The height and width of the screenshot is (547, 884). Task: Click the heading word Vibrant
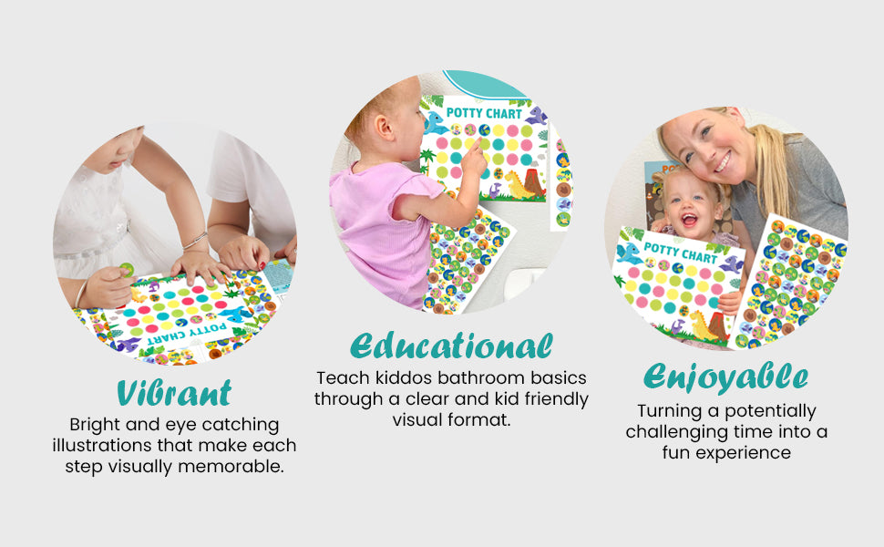174,393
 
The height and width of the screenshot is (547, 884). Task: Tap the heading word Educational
451,346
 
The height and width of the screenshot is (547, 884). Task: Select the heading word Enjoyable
726,377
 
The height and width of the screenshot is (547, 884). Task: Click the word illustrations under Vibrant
103,446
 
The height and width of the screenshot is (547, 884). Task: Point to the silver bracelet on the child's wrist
196,241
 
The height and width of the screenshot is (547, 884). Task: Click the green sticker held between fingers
127,270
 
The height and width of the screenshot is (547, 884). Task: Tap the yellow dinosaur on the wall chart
517,184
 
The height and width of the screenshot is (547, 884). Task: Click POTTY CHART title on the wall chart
484,113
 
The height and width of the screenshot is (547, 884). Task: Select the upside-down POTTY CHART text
187,334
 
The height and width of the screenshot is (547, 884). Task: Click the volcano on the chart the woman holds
717,327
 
